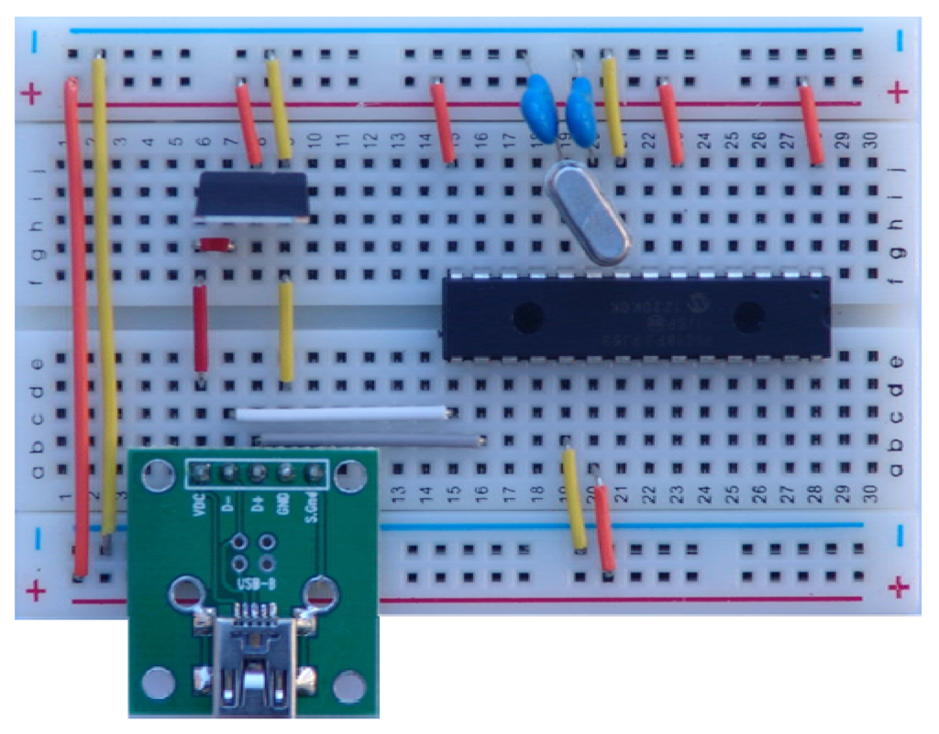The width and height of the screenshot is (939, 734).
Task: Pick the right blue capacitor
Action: (x=580, y=103)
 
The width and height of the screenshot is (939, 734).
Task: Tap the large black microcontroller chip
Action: (x=635, y=317)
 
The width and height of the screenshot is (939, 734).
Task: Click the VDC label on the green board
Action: (x=199, y=507)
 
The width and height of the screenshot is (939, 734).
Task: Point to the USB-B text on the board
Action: (x=253, y=584)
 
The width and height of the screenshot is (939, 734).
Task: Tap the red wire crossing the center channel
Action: (x=200, y=329)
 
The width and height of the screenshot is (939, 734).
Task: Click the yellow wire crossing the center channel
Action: (x=286, y=330)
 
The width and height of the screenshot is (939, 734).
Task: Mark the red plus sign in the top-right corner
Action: (x=900, y=93)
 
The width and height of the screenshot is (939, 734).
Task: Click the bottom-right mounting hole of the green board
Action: (x=348, y=684)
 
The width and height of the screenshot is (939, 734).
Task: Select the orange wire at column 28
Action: (x=811, y=124)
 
